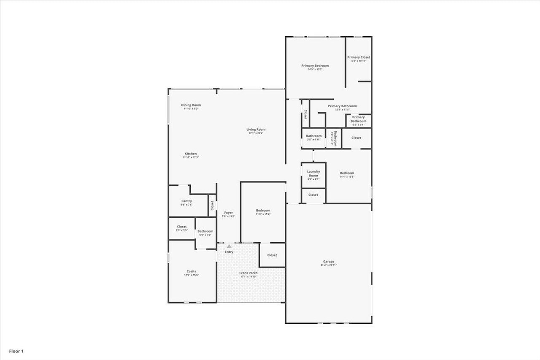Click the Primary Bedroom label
click(x=315, y=66)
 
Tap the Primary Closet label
click(x=359, y=57)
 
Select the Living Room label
click(x=256, y=130)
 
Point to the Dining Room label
click(x=191, y=105)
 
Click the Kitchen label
click(x=191, y=154)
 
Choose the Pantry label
click(x=186, y=201)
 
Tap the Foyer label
click(x=228, y=213)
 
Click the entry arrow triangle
click(x=229, y=246)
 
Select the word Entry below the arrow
click(x=229, y=252)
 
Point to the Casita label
click(x=191, y=271)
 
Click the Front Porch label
click(x=248, y=273)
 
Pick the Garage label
click(x=329, y=262)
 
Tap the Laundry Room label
click(x=313, y=173)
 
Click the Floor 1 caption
click(x=16, y=351)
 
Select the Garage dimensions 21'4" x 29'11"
click(x=329, y=265)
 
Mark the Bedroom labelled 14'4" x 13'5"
click(x=347, y=173)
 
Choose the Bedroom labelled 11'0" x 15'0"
click(x=263, y=211)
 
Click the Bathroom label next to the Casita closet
click(x=205, y=231)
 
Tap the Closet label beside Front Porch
click(x=272, y=255)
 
